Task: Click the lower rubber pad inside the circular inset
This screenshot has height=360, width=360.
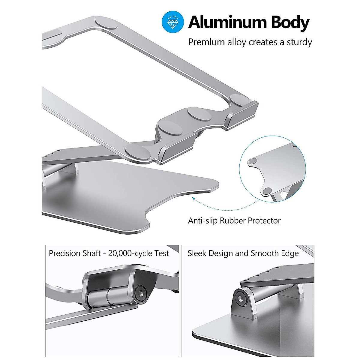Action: click(267, 191)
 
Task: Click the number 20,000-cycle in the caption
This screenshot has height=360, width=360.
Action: click(130, 253)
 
